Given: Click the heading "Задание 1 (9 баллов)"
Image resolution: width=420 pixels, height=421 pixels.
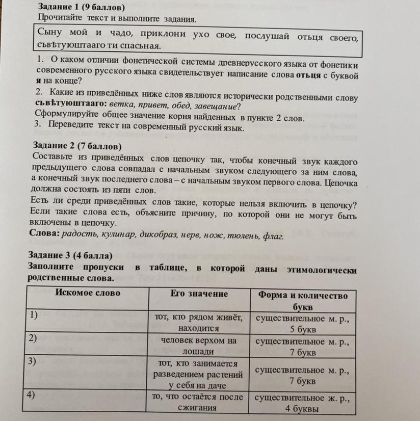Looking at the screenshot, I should click(x=82, y=8).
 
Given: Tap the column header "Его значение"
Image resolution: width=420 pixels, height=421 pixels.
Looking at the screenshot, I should click(x=199, y=294).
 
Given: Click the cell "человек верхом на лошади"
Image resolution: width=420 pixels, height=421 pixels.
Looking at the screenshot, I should click(x=199, y=346).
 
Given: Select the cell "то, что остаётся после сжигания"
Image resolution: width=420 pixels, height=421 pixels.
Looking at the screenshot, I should click(x=199, y=402).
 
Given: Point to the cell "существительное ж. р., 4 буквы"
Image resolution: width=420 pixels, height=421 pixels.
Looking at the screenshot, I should click(x=303, y=402).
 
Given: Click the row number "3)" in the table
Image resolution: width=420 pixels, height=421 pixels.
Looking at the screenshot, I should click(x=33, y=361).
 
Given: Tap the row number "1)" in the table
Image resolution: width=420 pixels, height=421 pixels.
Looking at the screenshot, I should click(x=33, y=315).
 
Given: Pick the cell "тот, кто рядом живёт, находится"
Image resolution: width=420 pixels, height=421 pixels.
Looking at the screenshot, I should click(x=199, y=323).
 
